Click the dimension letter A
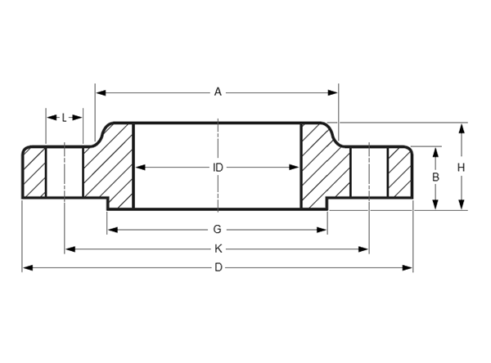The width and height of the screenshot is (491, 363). coord(218,92)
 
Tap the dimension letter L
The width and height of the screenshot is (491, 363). coord(64,118)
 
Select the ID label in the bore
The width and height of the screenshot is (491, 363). coord(218,168)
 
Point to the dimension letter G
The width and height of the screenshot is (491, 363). coord(218,230)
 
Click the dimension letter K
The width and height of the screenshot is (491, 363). coord(218,249)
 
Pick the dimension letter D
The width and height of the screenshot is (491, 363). coord(218,267)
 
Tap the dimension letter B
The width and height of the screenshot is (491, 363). coord(435,177)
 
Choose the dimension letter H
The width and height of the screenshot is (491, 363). coord(461,168)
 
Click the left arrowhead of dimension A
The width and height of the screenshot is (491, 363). coord(101,92)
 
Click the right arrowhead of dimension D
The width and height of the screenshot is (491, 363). coord(407,268)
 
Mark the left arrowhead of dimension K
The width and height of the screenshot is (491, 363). coord(70,249)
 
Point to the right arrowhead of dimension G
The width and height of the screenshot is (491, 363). coord(322,230)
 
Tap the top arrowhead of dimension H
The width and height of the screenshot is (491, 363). coord(462,129)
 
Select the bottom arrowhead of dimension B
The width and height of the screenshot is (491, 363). coord(435,204)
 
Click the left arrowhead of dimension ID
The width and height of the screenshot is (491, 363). coord(140,168)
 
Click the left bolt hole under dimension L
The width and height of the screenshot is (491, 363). coord(65,173)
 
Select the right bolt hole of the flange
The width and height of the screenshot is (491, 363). coord(370,173)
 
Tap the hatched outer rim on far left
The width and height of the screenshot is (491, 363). coord(34,173)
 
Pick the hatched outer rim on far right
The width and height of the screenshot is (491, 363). coord(400,173)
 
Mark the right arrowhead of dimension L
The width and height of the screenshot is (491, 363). coord(78,118)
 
